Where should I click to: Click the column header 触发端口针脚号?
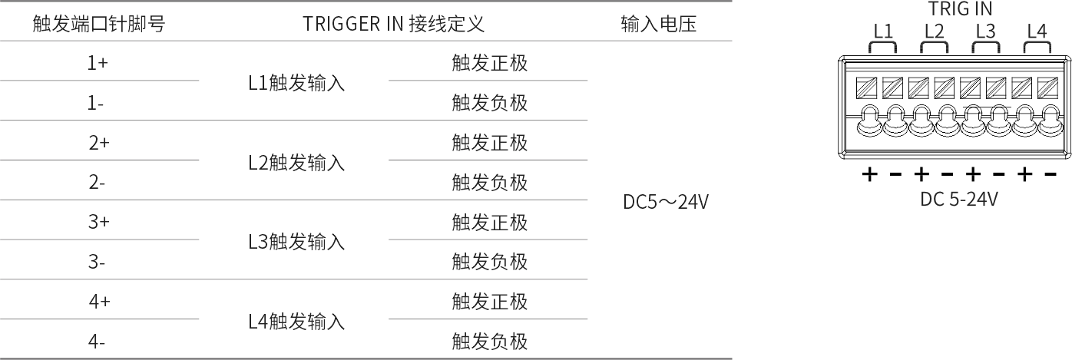(99, 24)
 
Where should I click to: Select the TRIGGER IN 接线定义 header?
(393, 24)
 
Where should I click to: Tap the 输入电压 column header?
(659, 24)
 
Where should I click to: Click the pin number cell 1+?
(98, 63)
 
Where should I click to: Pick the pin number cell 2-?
(97, 182)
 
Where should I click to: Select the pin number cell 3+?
(98, 222)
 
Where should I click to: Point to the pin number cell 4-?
(97, 342)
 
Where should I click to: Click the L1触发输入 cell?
(296, 83)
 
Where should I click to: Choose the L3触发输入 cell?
(296, 242)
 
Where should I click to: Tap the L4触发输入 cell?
(296, 322)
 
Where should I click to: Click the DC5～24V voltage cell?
(666, 202)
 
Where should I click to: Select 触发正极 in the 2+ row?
(490, 143)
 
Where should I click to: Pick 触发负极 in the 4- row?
(490, 342)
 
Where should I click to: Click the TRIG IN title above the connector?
(960, 8)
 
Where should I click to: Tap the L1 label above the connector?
(883, 31)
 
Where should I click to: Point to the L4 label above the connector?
(1037, 31)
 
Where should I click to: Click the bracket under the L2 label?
(935, 42)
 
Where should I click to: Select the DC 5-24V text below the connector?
(959, 199)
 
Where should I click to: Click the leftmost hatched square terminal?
(866, 88)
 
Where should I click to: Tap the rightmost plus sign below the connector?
(1024, 174)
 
